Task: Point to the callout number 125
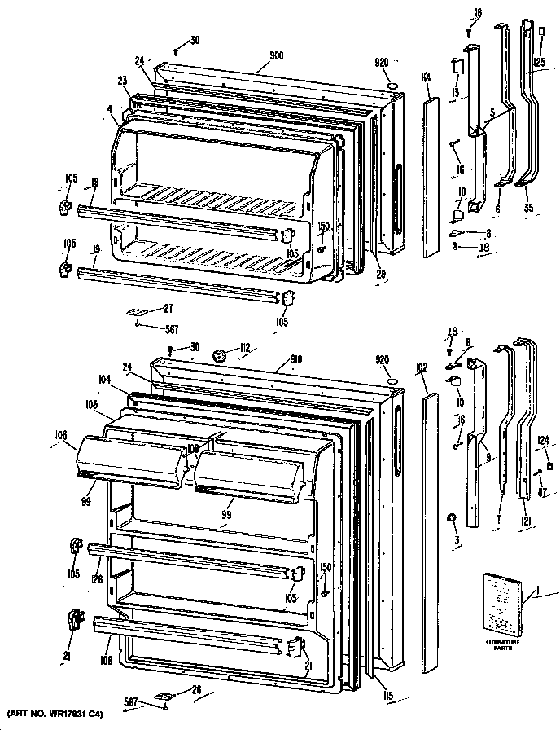point(538,63)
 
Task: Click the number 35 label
point(528,209)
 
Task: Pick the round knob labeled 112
point(217,355)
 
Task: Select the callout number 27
point(168,309)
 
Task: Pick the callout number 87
point(542,490)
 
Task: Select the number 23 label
point(122,80)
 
